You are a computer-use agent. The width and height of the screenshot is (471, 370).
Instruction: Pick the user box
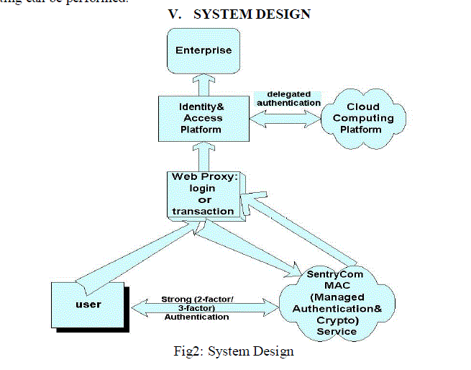click(88, 304)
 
